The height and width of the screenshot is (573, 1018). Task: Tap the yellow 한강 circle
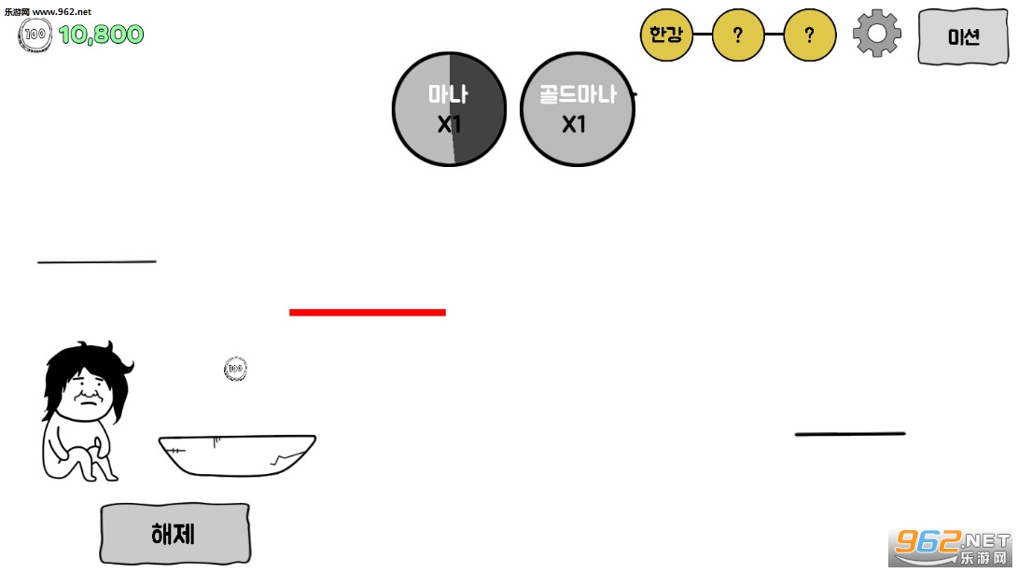tap(666, 35)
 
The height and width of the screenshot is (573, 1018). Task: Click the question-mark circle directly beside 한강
tap(737, 35)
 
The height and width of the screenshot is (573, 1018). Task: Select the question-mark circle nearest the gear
tap(810, 35)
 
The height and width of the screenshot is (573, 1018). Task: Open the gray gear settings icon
tap(877, 34)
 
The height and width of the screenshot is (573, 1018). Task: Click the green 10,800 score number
tap(102, 35)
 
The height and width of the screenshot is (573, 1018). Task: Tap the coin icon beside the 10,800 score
tap(35, 35)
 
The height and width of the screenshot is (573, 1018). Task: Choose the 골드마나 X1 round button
tap(578, 109)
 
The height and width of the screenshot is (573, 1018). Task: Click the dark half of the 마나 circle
tap(478, 109)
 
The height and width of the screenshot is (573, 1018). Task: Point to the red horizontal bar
tap(368, 313)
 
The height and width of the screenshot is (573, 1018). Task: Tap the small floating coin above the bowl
tap(235, 369)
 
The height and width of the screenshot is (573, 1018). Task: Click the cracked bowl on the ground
tap(237, 455)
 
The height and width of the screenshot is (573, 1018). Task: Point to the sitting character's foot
tap(107, 475)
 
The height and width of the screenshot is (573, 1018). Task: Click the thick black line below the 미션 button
tap(850, 433)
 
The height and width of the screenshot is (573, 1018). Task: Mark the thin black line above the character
tap(97, 262)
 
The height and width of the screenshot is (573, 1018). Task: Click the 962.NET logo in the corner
tap(951, 547)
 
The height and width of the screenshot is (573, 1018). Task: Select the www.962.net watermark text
tap(62, 12)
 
